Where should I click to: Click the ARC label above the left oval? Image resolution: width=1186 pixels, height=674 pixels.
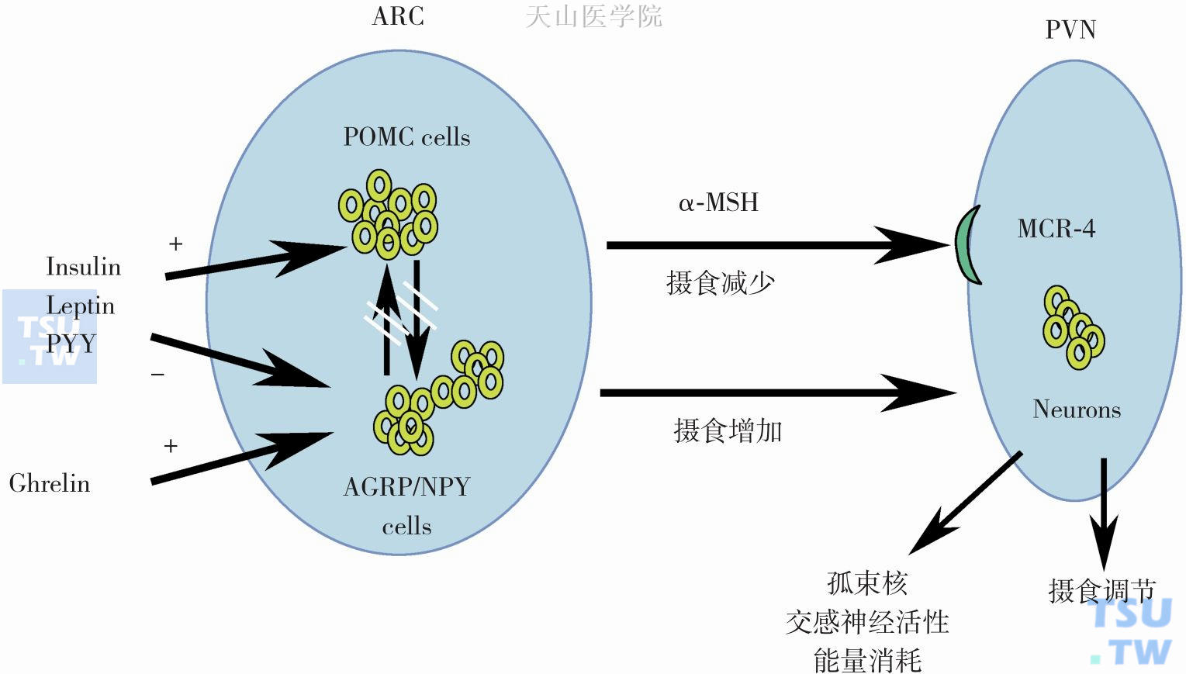coord(398,16)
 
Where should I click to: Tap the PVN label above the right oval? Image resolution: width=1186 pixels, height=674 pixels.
coord(1070,29)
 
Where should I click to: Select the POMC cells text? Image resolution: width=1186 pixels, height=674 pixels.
coord(406,137)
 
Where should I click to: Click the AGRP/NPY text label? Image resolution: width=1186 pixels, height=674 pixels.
coord(406,487)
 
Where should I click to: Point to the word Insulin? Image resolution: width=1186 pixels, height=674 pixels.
coord(83,267)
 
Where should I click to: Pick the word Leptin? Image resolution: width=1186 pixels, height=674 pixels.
coord(80,306)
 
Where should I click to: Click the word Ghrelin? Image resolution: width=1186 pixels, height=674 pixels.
coord(50,483)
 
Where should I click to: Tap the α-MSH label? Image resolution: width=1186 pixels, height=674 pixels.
coord(718,202)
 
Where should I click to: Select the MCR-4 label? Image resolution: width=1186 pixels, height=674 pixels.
coord(1056,229)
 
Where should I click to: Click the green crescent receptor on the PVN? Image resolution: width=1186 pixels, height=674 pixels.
coord(966,245)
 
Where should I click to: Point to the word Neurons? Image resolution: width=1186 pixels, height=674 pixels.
coord(1077,409)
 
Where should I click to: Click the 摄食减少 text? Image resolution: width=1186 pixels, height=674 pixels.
coord(721,282)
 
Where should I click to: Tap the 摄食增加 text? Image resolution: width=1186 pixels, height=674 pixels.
coord(728,430)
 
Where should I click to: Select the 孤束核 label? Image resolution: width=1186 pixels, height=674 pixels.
coord(867,582)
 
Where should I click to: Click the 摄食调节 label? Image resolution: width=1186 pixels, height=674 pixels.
coord(1101,591)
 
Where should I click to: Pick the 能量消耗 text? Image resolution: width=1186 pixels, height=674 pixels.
coord(867,660)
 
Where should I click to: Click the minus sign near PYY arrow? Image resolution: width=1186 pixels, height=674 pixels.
coord(157,375)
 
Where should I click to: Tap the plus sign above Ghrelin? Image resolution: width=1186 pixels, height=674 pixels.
coord(171,446)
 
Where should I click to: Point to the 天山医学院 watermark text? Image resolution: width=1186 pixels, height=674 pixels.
coord(593,16)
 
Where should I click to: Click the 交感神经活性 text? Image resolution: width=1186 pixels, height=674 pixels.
coord(867,621)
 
